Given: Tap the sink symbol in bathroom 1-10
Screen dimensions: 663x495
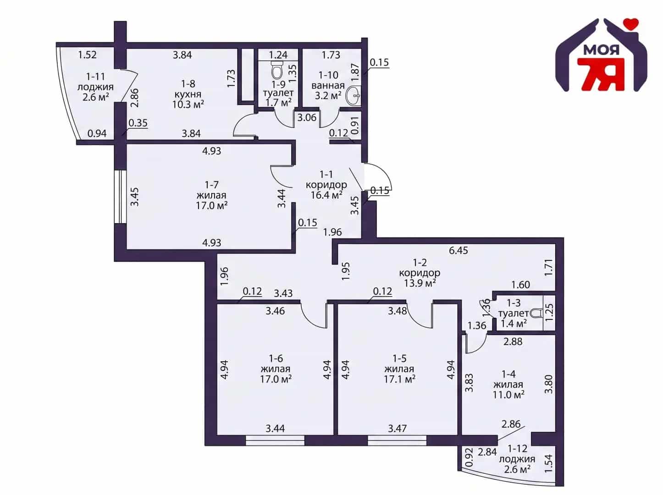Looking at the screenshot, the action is pos(353,96).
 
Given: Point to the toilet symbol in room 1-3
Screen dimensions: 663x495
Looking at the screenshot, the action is pos(536,313).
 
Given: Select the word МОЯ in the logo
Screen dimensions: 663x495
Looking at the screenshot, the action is pos(601,50).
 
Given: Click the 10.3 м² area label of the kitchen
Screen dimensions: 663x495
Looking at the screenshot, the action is pos(188,104).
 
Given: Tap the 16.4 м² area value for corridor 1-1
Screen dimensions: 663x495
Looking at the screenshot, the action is pos(326,195).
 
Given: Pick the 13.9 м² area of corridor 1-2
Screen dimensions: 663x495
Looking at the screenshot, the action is pos(420,283).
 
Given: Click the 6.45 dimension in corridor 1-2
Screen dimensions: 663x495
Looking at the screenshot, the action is pos(458,250).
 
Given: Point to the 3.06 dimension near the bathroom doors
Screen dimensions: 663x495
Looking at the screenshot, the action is pos(307,117).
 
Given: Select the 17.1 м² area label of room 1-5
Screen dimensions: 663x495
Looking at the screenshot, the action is pos(399,379).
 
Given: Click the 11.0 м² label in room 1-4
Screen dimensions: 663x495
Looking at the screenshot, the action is pos(508,395).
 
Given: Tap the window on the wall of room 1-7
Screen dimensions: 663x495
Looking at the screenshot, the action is pos(120,197).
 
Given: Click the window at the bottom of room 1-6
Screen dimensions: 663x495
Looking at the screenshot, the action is pos(275,442).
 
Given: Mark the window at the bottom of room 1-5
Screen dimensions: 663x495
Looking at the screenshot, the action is pos(397,442).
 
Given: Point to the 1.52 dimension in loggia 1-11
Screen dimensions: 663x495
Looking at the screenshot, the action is pos(87,55).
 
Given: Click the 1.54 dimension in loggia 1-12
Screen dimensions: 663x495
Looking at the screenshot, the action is pos(549,463).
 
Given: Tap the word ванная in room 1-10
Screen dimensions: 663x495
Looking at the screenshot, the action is pos(328,86).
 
